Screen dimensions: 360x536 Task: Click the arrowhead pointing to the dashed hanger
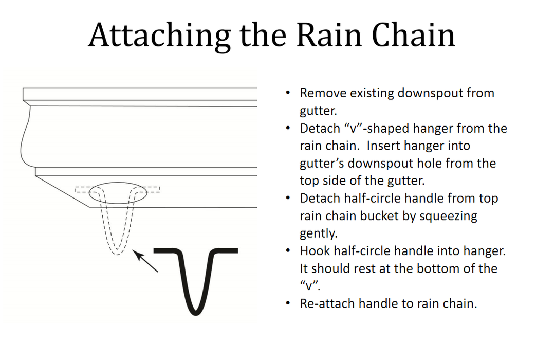coord(136,253)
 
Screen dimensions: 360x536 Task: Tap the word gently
coord(318,233)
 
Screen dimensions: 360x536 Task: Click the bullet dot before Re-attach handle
coord(288,303)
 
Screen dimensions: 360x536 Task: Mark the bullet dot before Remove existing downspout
coord(288,94)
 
